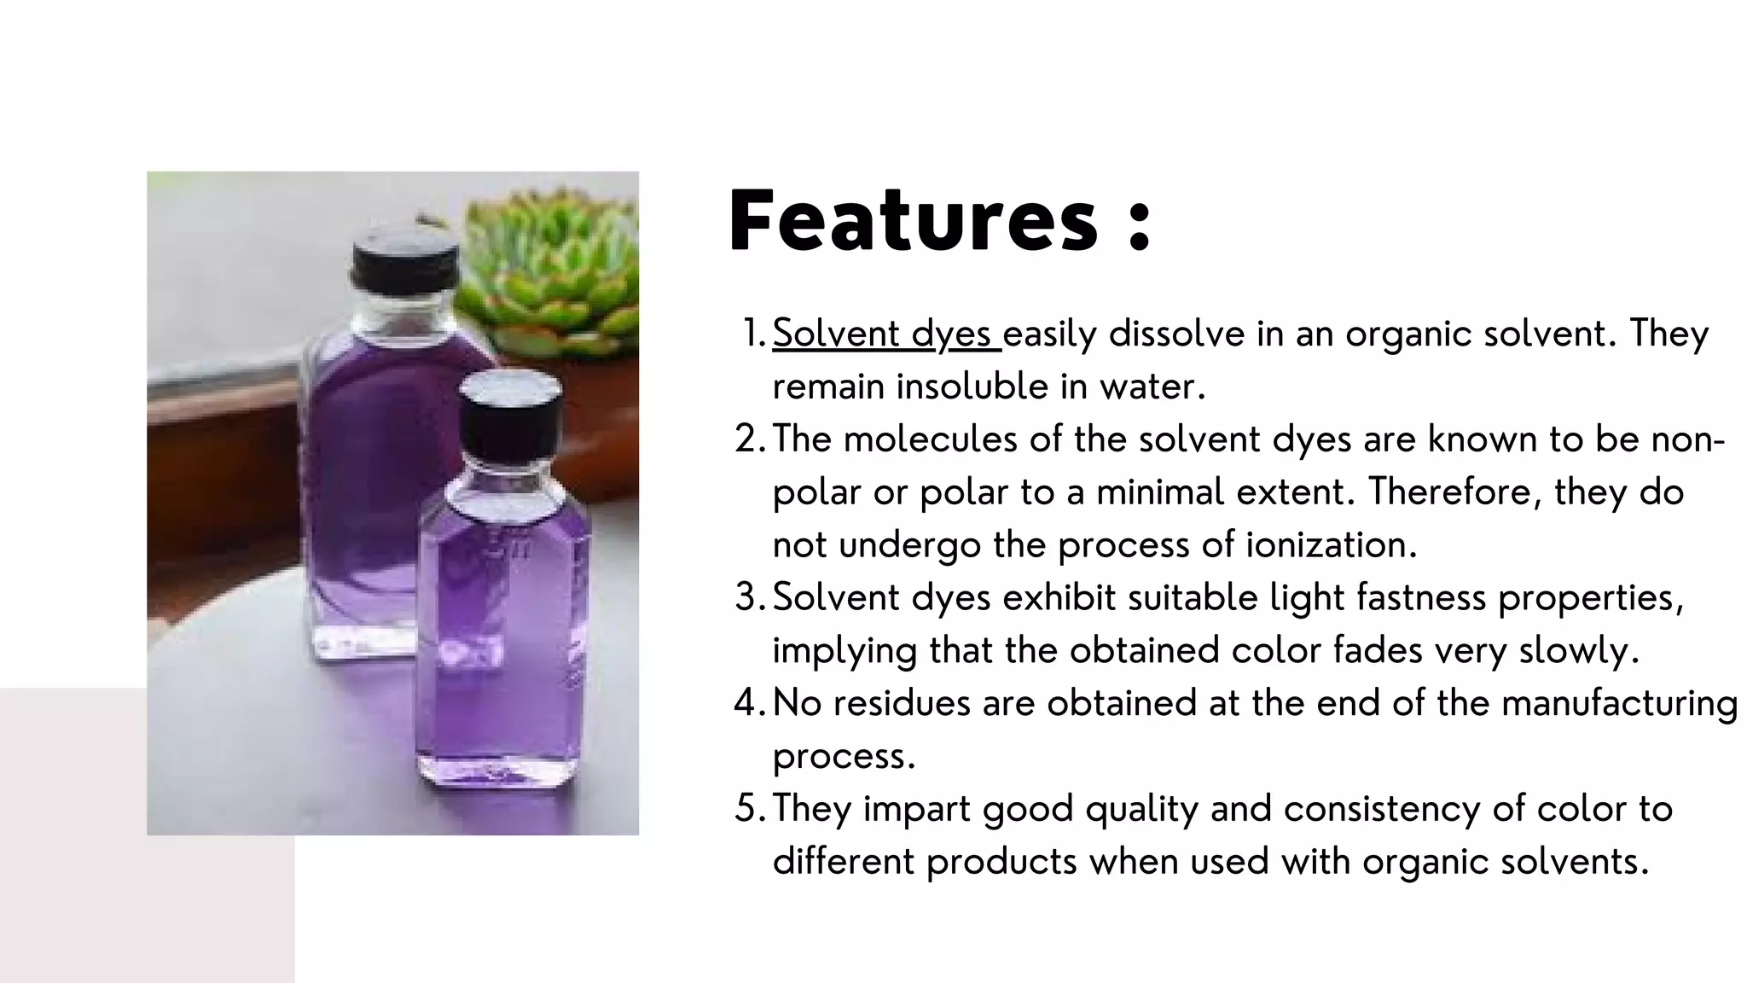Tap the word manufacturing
pyautogui.click(x=1619, y=703)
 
